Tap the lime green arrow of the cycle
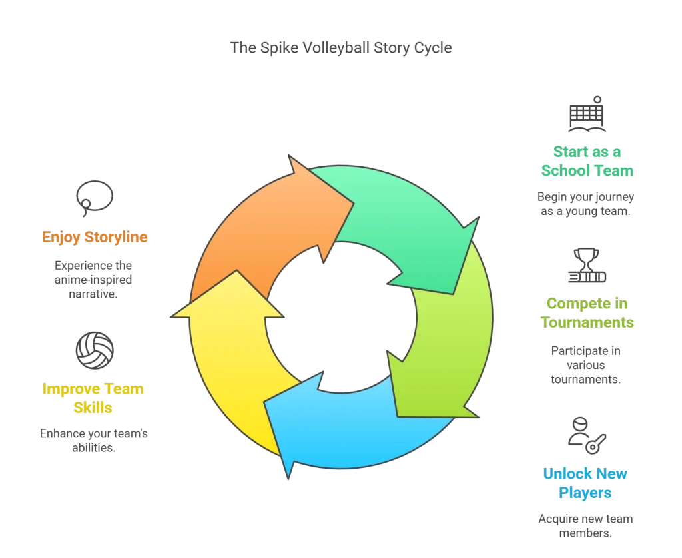tap(446, 333)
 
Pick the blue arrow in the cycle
tap(346, 426)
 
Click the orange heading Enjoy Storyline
tap(95, 237)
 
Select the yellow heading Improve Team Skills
tap(93, 398)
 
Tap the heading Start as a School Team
tap(586, 162)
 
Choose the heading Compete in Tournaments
tap(586, 313)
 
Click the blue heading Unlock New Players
tap(586, 483)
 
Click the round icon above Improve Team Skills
tap(95, 350)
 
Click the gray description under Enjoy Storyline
tap(93, 276)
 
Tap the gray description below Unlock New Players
tap(586, 524)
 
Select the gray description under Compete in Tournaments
tap(586, 363)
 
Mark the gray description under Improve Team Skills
tap(93, 439)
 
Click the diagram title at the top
tap(341, 47)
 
